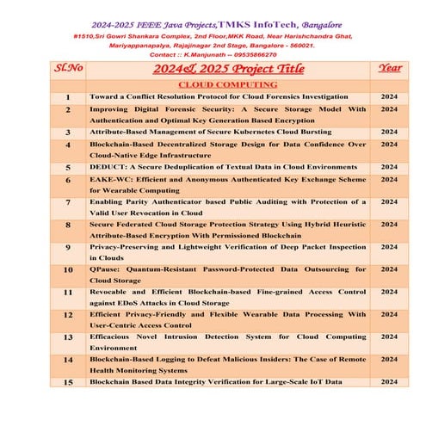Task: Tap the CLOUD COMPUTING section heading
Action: point(227,85)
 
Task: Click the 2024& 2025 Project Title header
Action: point(227,69)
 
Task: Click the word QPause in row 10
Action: point(106,269)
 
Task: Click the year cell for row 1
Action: point(389,98)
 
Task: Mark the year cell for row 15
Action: point(389,380)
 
